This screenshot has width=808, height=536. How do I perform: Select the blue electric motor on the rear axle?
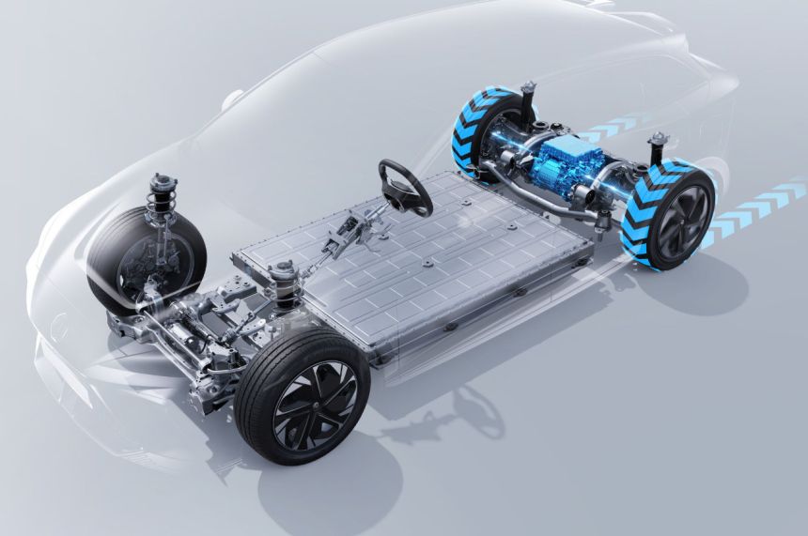pos(564,159)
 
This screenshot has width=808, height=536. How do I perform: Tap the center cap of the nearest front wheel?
pos(315,405)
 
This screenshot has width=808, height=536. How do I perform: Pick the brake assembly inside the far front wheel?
pos(150,258)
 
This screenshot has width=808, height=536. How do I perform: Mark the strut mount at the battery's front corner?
pos(282,277)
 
